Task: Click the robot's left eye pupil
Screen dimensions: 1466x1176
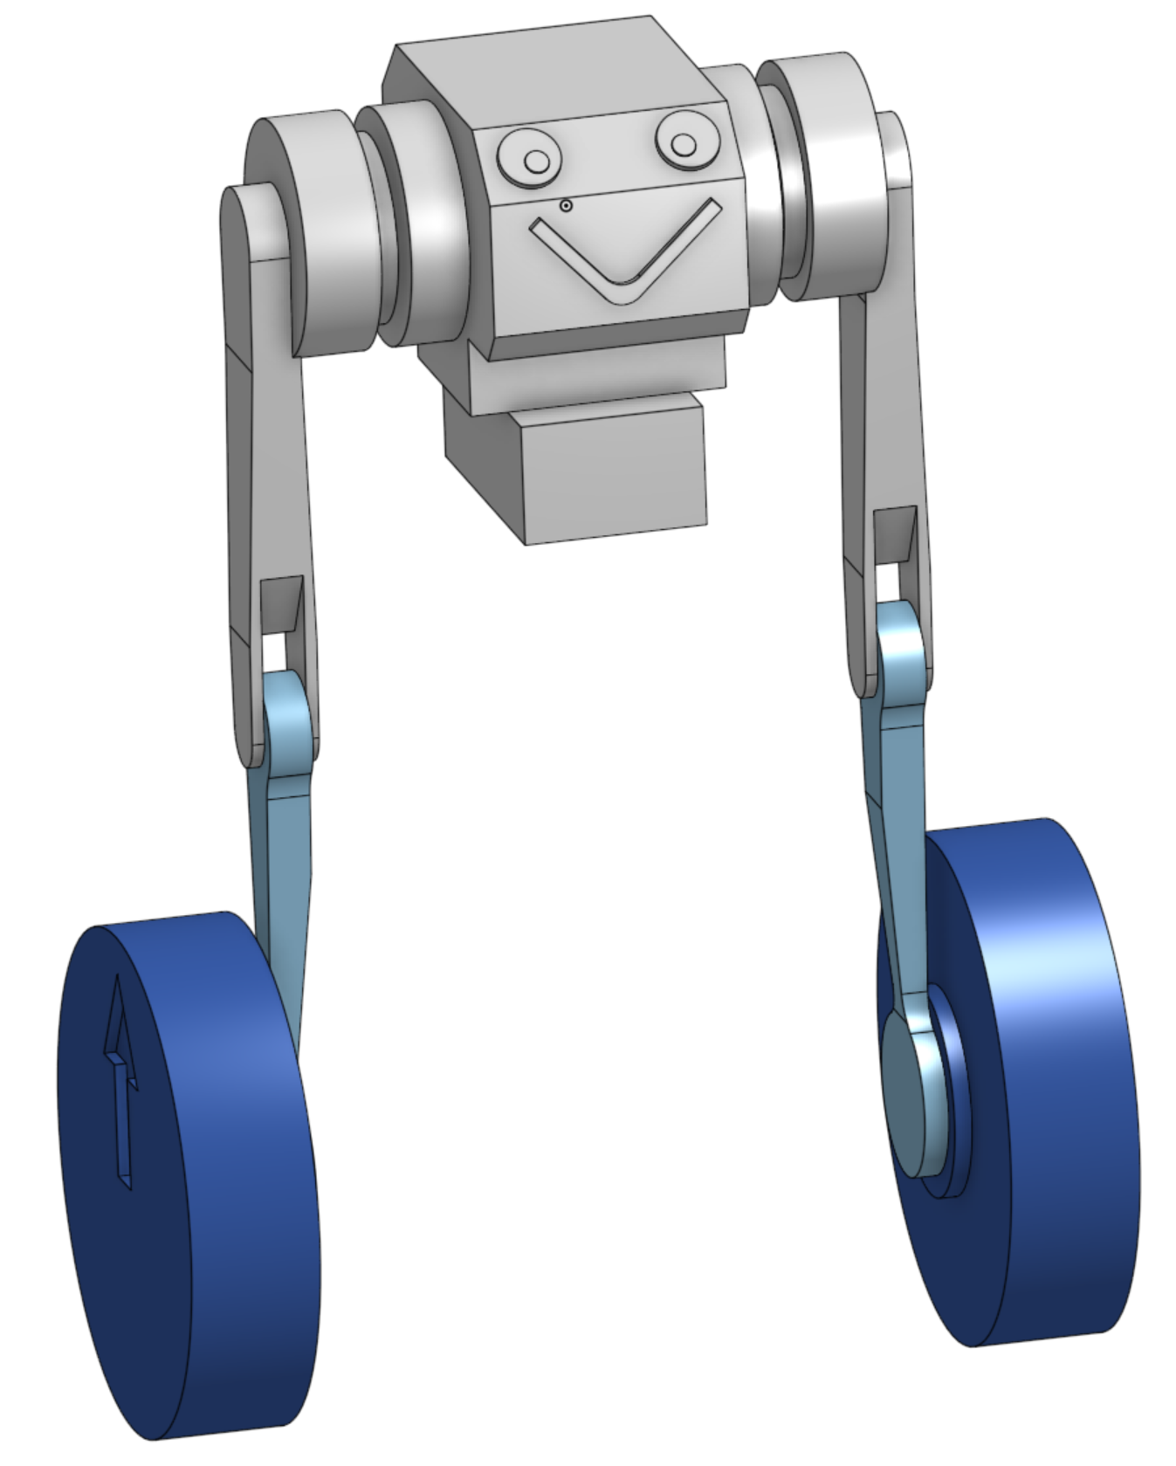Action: point(536,161)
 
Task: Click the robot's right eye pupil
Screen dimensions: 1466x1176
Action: point(684,144)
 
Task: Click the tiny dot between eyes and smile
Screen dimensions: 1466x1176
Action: point(566,205)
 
